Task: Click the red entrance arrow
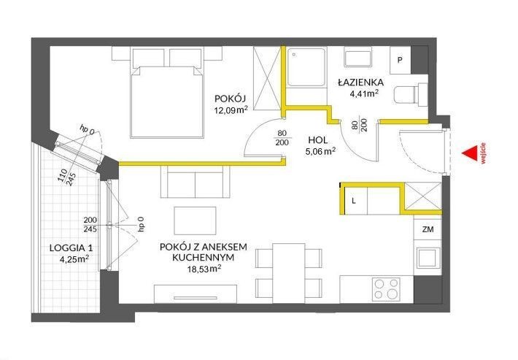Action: pyautogui.click(x=471, y=153)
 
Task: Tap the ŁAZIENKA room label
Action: pyautogui.click(x=360, y=83)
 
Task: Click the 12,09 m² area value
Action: pyautogui.click(x=231, y=110)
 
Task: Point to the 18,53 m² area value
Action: pyautogui.click(x=204, y=269)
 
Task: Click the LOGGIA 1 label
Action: pyautogui.click(x=71, y=248)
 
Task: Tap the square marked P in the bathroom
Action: pyautogui.click(x=400, y=60)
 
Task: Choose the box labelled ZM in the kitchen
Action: pyautogui.click(x=428, y=229)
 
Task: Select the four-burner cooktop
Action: pyautogui.click(x=386, y=289)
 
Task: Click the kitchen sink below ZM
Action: pyautogui.click(x=428, y=258)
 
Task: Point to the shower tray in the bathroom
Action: pyautogui.click(x=306, y=67)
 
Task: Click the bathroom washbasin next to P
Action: pyautogui.click(x=358, y=58)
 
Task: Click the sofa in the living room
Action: pyautogui.click(x=196, y=181)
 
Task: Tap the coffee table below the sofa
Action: pyautogui.click(x=196, y=221)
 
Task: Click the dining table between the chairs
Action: pyautogui.click(x=289, y=273)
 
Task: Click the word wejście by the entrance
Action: pyautogui.click(x=483, y=153)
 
